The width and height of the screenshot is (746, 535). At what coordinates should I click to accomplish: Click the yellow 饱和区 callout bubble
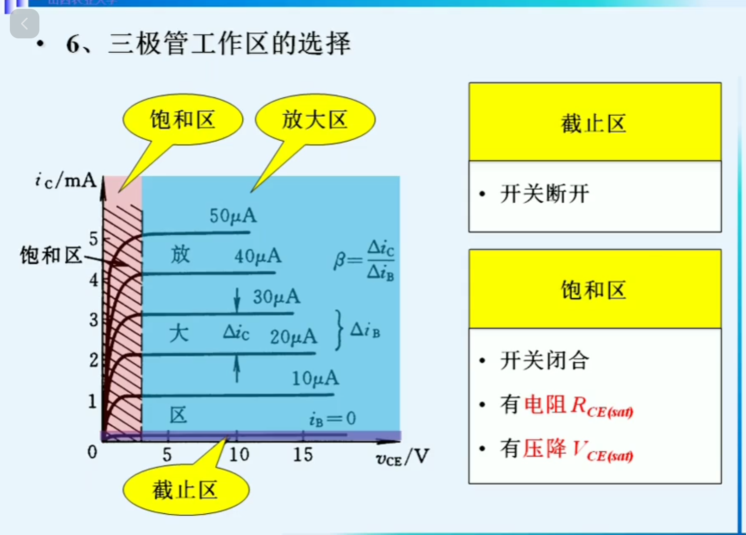183,120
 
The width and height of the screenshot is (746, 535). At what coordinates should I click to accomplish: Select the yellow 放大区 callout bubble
315,120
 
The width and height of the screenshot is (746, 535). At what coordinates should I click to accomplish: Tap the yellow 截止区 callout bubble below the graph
186,490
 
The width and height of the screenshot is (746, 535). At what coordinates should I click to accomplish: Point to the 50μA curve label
233,216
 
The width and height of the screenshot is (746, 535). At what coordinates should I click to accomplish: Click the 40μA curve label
258,256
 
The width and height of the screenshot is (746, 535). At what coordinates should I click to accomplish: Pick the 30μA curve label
276,297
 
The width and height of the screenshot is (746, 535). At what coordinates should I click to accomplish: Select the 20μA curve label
293,337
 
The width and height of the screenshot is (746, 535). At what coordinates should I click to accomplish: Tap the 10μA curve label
315,378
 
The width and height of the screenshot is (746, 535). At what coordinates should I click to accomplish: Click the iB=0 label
332,419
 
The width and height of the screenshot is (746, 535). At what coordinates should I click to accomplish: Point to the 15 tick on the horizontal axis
303,454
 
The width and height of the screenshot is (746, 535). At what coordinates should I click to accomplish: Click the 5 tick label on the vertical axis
94,239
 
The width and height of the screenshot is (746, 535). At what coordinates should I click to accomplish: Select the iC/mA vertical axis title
65,181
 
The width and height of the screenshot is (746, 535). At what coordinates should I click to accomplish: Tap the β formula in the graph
364,260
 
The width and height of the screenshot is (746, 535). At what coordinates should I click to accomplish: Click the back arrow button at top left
24,24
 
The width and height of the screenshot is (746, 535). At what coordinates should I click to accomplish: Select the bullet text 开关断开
545,194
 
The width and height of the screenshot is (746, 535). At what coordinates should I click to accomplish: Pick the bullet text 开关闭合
545,360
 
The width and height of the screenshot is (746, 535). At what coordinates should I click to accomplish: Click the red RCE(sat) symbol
602,407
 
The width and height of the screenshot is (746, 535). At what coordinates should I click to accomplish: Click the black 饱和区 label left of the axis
51,255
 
